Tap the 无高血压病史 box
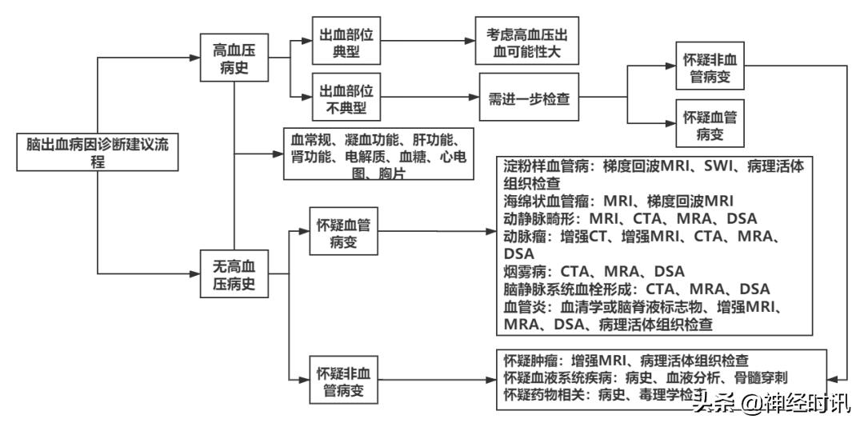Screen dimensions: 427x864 (x=233, y=273)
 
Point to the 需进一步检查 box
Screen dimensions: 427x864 (x=529, y=99)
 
